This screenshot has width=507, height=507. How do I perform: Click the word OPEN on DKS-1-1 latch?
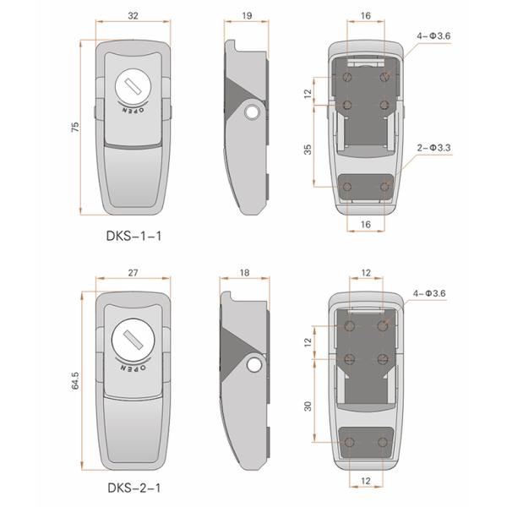(129, 111)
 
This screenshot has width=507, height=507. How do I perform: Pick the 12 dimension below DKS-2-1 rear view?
(366, 481)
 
